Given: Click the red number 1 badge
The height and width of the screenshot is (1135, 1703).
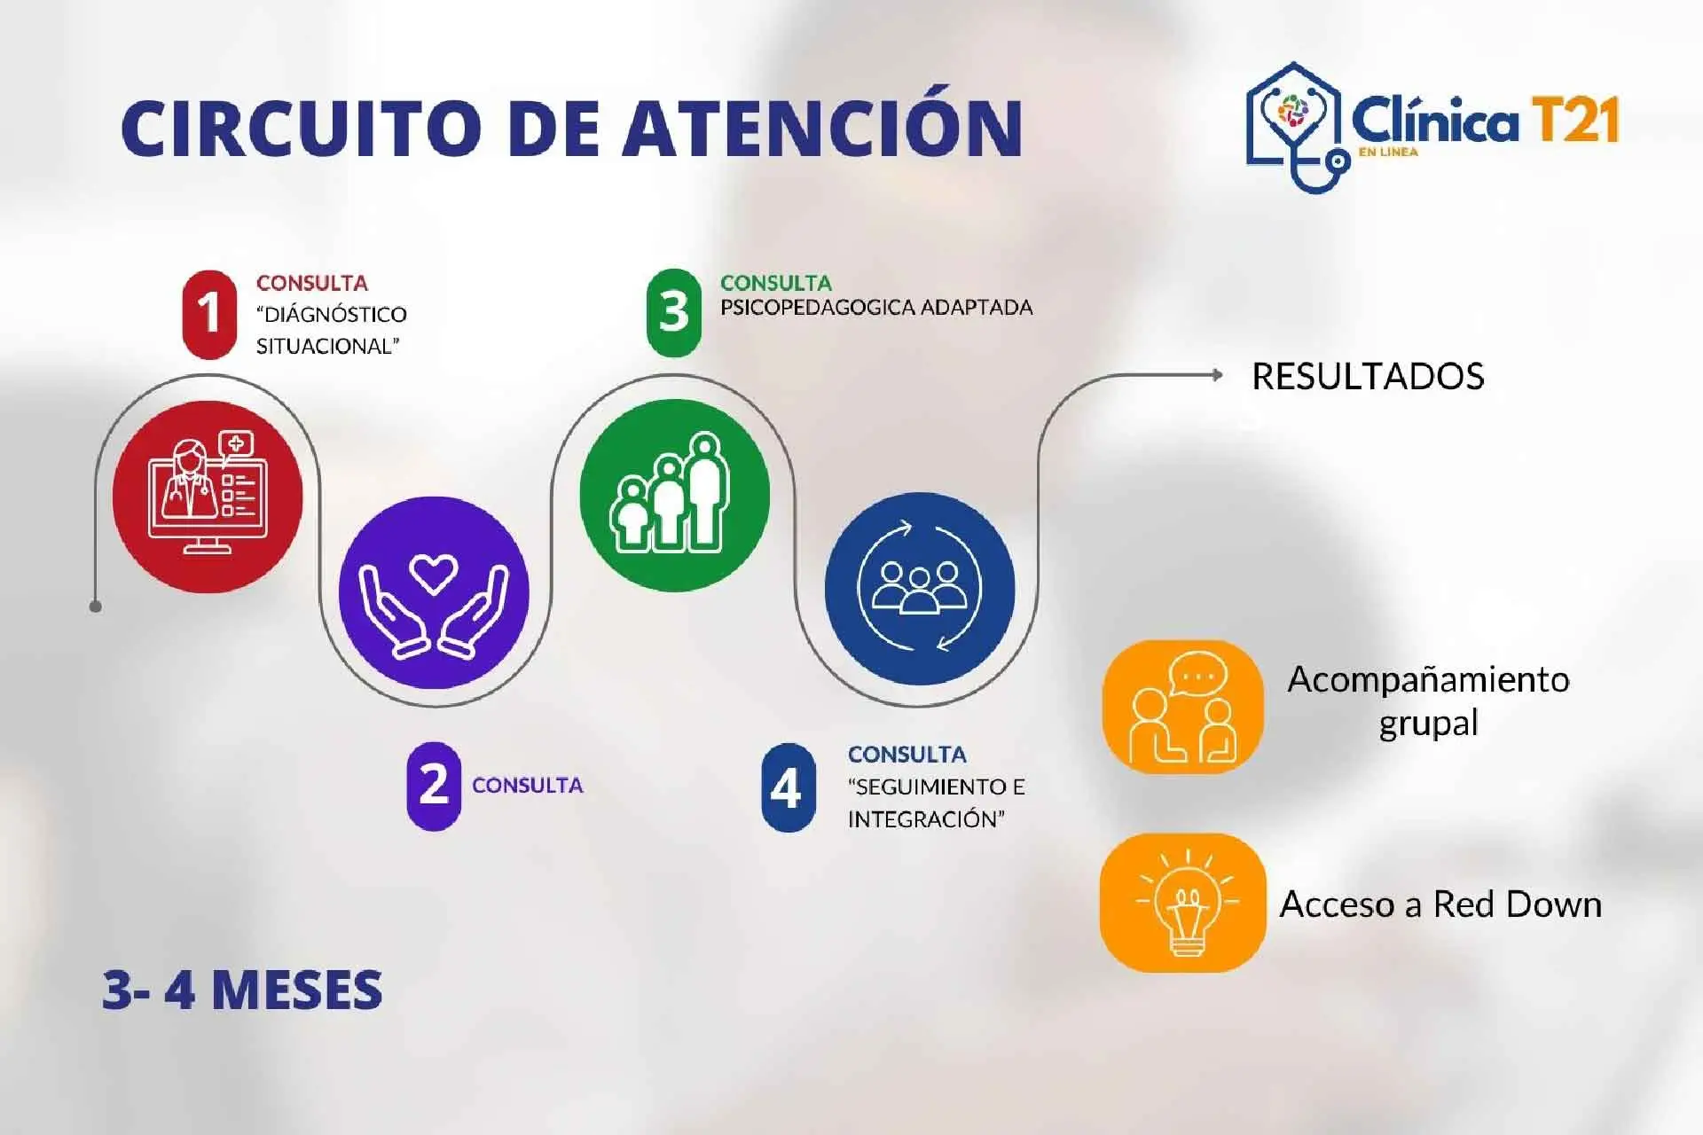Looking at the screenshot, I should click(x=209, y=315).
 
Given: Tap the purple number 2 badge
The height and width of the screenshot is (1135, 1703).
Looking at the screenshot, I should click(x=434, y=786).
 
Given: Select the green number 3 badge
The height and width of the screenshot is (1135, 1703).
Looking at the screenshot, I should click(x=674, y=313).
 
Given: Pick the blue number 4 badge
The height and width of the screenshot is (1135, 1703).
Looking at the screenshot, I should click(x=788, y=787).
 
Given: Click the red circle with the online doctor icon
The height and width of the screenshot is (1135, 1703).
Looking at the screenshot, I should click(x=208, y=497).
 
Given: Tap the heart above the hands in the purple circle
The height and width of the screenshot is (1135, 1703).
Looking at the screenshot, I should click(x=434, y=573).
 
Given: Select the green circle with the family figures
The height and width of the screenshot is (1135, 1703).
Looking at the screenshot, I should click(x=674, y=494).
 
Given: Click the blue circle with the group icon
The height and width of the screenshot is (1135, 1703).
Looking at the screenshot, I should click(x=920, y=588).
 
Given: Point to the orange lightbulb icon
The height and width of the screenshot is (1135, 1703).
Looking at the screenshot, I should click(x=1182, y=903).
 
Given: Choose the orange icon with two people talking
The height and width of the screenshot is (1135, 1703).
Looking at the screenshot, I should click(x=1182, y=707).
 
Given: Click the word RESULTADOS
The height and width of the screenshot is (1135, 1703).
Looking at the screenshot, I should click(x=1368, y=377).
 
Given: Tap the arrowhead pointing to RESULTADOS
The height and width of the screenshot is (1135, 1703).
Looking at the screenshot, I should click(x=1218, y=375).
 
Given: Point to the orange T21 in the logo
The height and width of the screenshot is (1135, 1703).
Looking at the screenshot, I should click(x=1575, y=121).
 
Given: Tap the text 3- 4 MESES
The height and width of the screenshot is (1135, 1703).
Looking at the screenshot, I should click(x=242, y=990).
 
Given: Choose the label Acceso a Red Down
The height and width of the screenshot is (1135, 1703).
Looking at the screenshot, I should click(x=1440, y=904).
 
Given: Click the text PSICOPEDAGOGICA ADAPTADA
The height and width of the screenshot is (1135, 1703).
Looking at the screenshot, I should click(x=876, y=308).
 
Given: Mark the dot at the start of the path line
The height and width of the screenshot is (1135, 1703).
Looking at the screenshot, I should click(x=96, y=607).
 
